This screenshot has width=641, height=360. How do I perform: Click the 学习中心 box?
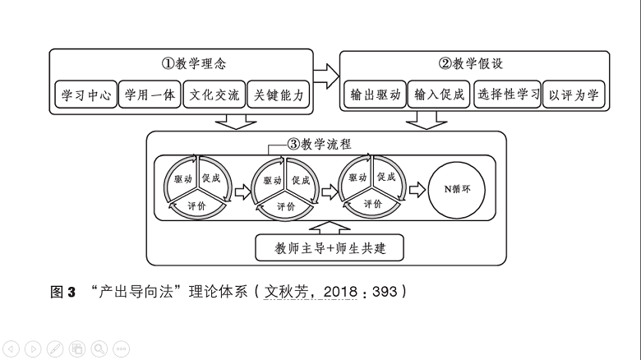tap(85, 95)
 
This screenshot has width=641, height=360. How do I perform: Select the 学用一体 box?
tap(150, 95)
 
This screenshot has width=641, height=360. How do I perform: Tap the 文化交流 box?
tap(214, 95)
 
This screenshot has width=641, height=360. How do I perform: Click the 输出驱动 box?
tap(375, 95)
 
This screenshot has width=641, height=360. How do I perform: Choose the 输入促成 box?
tap(439, 95)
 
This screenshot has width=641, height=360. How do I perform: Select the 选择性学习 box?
tap(507, 95)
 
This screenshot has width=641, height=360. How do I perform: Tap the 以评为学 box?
tap(574, 95)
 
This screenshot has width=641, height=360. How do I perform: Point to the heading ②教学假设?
tap(474, 63)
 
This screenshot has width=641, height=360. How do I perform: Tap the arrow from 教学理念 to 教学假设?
tap(326, 76)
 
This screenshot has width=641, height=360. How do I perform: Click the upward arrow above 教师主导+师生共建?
tap(327, 225)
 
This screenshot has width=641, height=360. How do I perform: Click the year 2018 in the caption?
tap(341, 291)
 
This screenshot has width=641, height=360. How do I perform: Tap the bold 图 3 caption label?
tap(62, 291)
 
